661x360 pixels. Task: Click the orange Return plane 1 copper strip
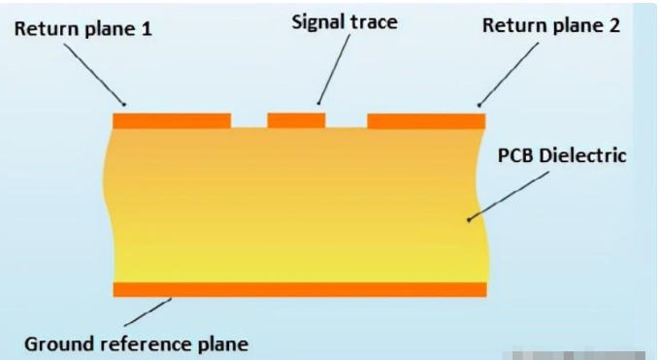pos(172,120)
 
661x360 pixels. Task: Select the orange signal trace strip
pos(296,120)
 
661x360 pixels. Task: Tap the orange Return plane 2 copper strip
pos(426,120)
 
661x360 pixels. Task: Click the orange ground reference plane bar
pos(299,289)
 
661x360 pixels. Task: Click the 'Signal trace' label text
pos(346,20)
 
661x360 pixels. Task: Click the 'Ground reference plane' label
pos(136,343)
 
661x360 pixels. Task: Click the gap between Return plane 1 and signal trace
pos(248,120)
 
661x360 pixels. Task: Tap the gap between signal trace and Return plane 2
pos(346,120)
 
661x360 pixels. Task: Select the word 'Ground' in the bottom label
pos(57,343)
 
